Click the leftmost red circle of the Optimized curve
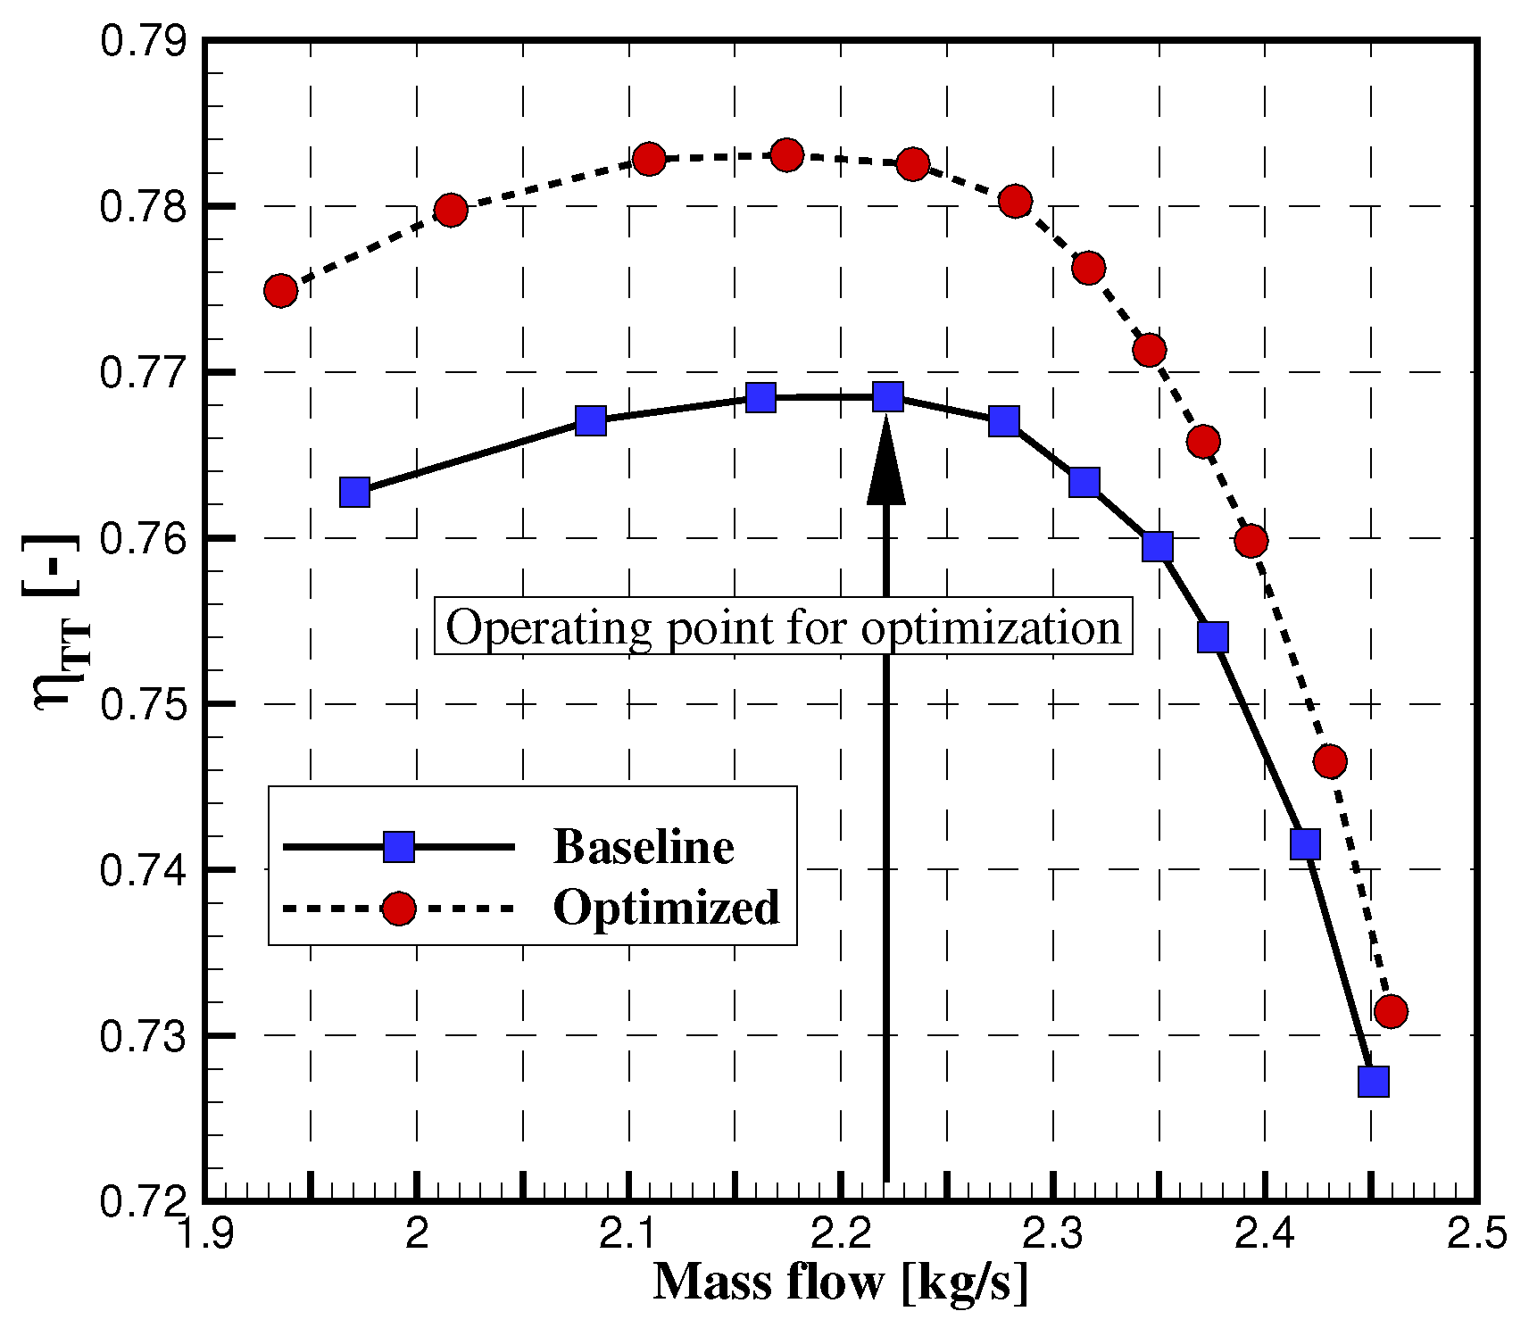pyautogui.click(x=280, y=291)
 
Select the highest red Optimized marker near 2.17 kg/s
pyautogui.click(x=786, y=155)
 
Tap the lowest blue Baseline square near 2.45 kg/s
pyautogui.click(x=1373, y=1081)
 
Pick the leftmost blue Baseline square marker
pyautogui.click(x=355, y=492)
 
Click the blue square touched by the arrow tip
pyautogui.click(x=887, y=397)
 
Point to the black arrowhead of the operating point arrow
pyautogui.click(x=886, y=464)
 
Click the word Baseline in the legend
pyautogui.click(x=644, y=846)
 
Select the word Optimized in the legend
pyautogui.click(x=666, y=908)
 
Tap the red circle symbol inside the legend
pyautogui.click(x=399, y=909)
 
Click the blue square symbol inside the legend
pyautogui.click(x=399, y=846)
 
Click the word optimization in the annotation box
pyautogui.click(x=991, y=627)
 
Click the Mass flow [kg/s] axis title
pyautogui.click(x=840, y=1282)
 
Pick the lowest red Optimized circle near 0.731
pyautogui.click(x=1391, y=1011)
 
